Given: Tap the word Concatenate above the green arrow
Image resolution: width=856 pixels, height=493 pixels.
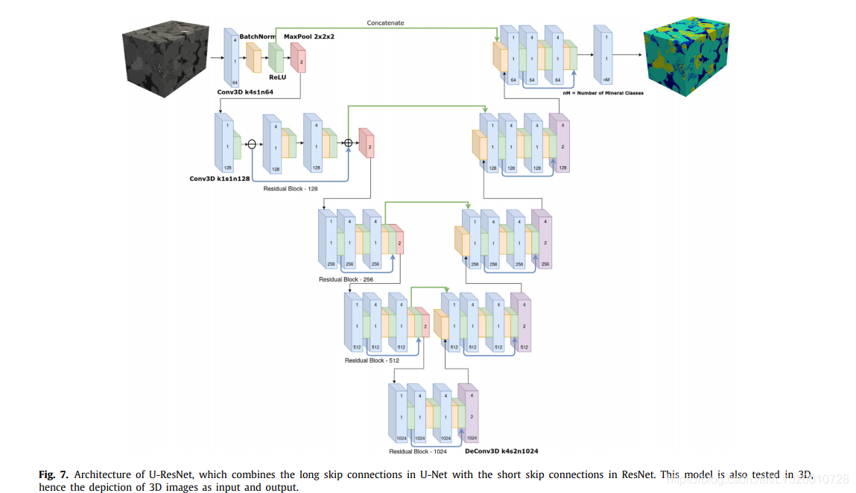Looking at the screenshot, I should pos(385,23).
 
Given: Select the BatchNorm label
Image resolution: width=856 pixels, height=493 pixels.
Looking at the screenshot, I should pos(257,36).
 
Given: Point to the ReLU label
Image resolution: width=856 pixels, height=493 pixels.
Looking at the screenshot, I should pos(277,76).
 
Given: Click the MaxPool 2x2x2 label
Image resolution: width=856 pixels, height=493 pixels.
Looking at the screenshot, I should pos(308,36).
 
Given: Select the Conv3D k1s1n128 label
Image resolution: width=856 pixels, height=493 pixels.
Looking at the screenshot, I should pos(219,179).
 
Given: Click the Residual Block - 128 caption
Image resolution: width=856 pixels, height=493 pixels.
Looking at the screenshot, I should pos(291,188).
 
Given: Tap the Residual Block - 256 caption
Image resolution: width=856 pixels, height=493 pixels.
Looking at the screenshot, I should pos(346,279).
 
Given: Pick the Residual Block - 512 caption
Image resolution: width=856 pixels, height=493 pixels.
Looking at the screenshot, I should pos(372,360).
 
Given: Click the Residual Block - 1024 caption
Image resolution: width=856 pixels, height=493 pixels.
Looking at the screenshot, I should pos(417,451).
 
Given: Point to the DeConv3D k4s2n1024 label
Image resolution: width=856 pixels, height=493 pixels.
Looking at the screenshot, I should pos(501,451).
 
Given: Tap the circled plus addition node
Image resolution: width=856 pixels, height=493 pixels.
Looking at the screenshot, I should pos(348,143).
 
